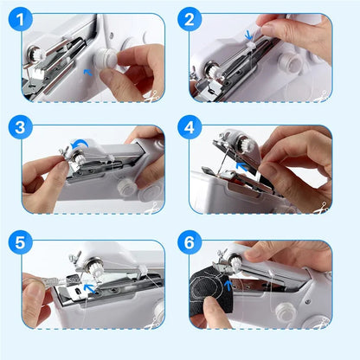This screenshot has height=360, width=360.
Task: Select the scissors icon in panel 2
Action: tap(326, 93)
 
